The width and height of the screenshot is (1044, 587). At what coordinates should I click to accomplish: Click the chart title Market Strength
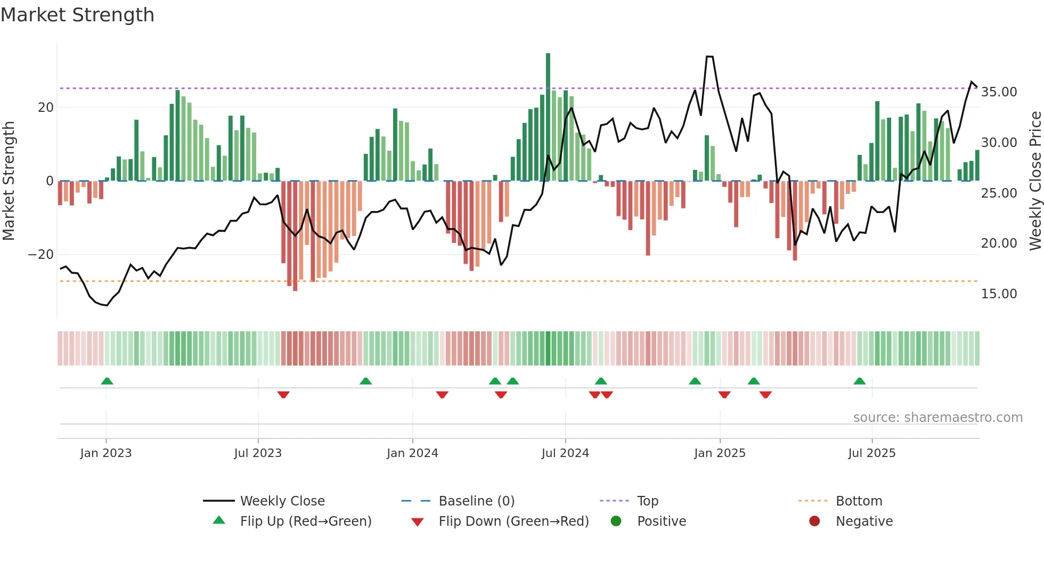(x=77, y=15)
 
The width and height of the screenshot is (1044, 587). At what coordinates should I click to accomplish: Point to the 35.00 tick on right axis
(x=999, y=92)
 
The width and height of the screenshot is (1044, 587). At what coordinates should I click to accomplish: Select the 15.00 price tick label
(x=999, y=294)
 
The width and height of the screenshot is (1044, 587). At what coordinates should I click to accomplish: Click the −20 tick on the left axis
(x=41, y=255)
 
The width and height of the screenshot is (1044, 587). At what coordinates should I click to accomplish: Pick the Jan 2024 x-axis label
(x=412, y=453)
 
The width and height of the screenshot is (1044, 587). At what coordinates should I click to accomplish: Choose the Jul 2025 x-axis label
(x=871, y=453)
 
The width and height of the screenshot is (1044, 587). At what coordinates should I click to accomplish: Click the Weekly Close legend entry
(x=282, y=501)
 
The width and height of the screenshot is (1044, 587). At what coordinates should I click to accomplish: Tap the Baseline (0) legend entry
(x=476, y=501)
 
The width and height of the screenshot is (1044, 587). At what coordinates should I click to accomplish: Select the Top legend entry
(x=647, y=501)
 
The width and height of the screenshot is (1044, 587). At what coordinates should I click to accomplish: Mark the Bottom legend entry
(x=859, y=501)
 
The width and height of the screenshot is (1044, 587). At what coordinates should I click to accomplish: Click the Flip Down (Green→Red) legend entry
(x=513, y=521)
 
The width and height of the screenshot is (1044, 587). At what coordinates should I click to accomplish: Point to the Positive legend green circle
(x=616, y=521)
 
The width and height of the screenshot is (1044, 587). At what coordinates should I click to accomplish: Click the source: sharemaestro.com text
(x=937, y=418)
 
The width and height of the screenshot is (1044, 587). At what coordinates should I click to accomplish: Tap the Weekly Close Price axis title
(x=1035, y=181)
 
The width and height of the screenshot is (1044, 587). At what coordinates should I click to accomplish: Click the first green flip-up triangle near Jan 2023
(x=107, y=381)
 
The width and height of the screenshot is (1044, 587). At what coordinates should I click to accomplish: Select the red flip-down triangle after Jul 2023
(x=283, y=395)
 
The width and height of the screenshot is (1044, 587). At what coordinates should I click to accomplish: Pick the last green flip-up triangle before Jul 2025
(x=859, y=381)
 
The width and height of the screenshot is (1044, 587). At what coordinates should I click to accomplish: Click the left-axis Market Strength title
(x=9, y=181)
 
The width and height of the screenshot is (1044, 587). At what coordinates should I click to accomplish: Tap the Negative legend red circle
(x=814, y=521)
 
